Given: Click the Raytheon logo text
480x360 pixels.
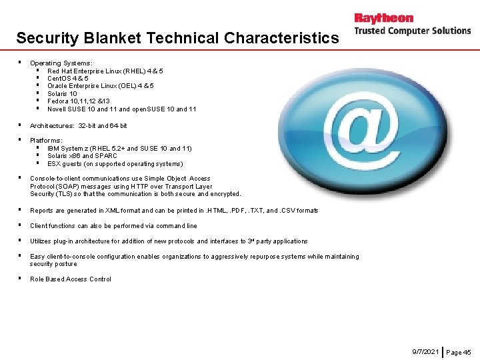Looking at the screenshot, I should [x=383, y=18].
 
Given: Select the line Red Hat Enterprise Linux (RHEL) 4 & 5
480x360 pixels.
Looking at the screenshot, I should [x=105, y=71].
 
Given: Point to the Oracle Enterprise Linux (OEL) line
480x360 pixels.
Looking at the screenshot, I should [x=100, y=86].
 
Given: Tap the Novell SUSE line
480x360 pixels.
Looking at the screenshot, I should [x=121, y=109].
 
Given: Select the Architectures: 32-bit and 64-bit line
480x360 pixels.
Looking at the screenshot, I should [x=78, y=125].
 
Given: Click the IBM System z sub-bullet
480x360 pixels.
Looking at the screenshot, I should [x=119, y=148].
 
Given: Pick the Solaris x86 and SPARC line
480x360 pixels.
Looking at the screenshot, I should [x=82, y=156].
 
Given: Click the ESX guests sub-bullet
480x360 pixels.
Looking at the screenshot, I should [x=115, y=163].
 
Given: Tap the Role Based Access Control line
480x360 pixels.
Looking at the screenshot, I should [x=71, y=279].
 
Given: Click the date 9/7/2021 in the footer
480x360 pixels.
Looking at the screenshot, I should [x=425, y=351].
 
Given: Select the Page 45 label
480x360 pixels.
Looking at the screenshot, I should [x=458, y=352].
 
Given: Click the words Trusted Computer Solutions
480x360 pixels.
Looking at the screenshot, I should [x=412, y=31].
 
